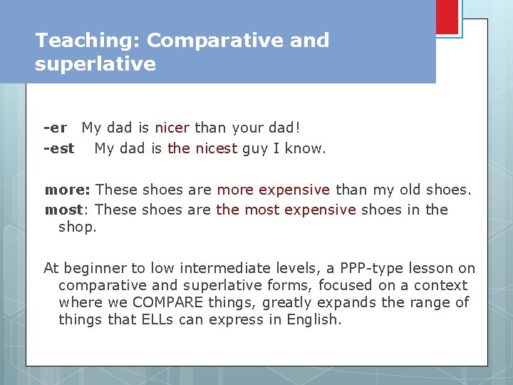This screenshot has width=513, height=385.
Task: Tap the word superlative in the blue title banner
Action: tap(95, 64)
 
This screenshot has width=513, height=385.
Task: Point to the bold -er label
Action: tap(55, 128)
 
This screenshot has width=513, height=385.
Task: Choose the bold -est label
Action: tap(58, 148)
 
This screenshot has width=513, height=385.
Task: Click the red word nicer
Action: tap(172, 128)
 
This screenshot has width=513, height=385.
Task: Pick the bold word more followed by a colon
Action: tap(67, 190)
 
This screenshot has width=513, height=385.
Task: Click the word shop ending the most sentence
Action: tap(77, 227)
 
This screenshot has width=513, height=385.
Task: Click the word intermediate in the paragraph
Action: tap(221, 268)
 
